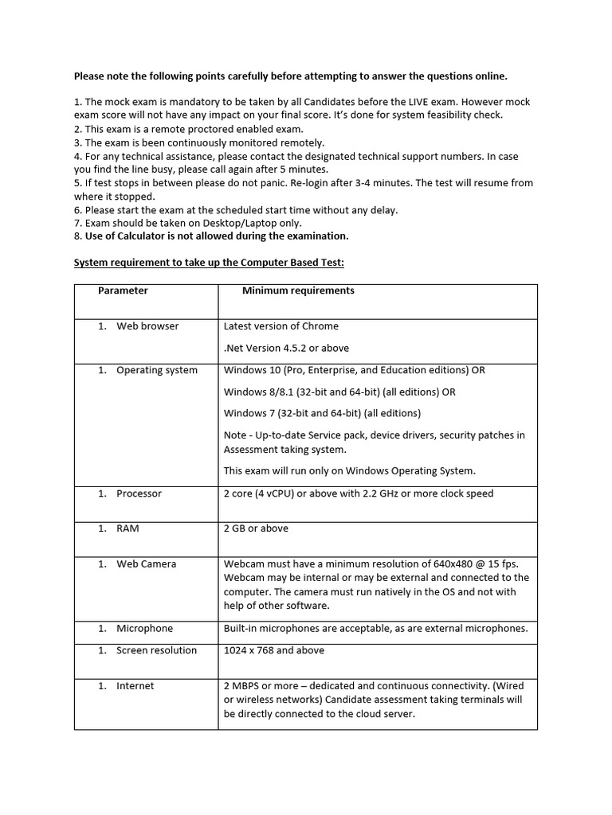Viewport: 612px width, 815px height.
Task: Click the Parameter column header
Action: (x=123, y=291)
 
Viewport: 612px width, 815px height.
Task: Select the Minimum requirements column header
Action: (x=298, y=291)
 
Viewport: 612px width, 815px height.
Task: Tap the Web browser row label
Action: (x=147, y=326)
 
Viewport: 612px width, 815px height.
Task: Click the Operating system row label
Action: (x=156, y=370)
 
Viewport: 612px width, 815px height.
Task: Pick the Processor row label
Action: (x=139, y=493)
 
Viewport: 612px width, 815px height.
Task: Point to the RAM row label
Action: (x=127, y=528)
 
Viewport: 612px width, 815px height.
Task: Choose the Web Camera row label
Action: (x=146, y=563)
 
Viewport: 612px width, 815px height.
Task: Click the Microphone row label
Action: (x=144, y=628)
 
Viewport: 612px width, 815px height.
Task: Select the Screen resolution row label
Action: (x=156, y=650)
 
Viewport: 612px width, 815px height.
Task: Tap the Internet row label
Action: (x=135, y=685)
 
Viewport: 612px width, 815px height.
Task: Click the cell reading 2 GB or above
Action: (x=256, y=528)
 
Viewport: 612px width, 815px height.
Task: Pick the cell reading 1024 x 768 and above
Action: (x=274, y=650)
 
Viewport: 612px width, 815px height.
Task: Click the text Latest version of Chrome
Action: (x=280, y=326)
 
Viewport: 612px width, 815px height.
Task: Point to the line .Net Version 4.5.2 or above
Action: (x=286, y=348)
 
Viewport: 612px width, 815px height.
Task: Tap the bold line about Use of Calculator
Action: (x=211, y=236)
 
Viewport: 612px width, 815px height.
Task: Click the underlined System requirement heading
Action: (x=210, y=263)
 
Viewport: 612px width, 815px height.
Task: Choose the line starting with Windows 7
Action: (x=322, y=413)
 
